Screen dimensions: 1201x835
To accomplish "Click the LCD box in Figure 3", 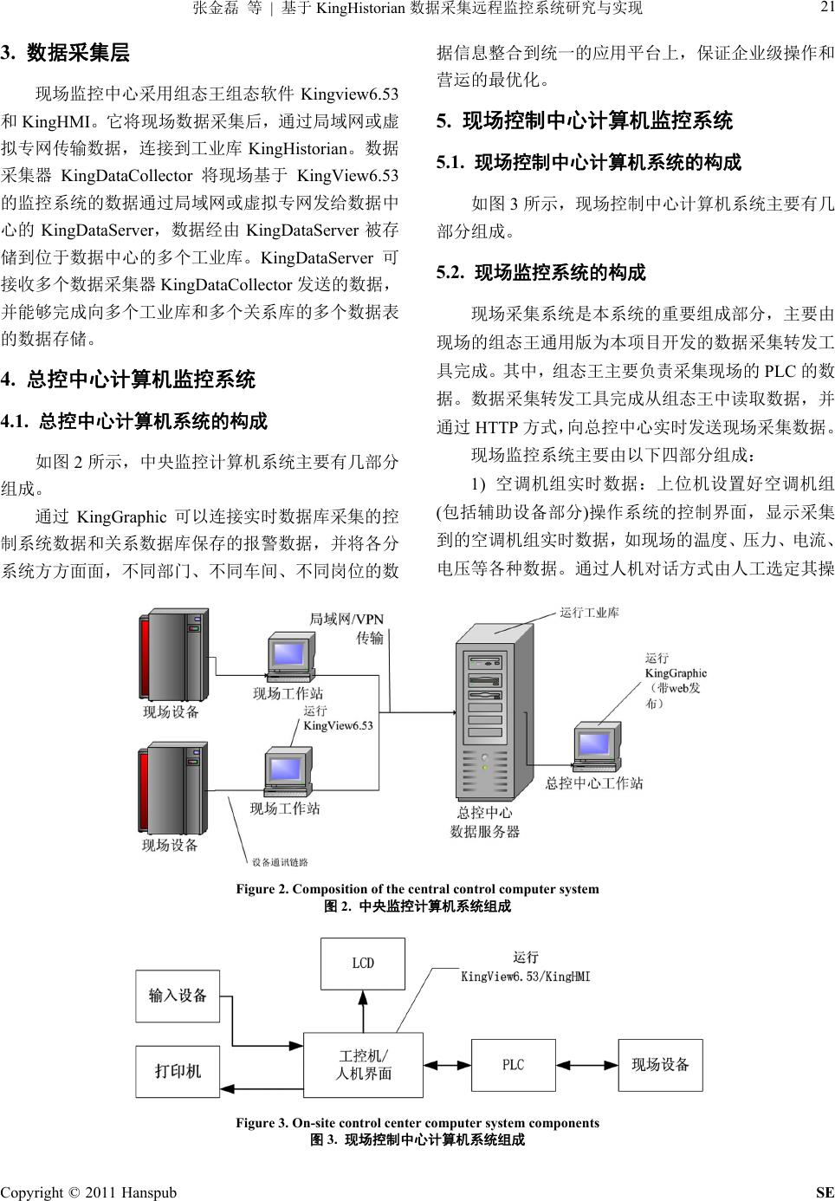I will (362, 964).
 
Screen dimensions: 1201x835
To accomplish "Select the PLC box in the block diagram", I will (514, 1065).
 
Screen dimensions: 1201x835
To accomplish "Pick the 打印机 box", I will (178, 1072).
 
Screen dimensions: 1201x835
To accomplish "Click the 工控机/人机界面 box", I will (363, 1065).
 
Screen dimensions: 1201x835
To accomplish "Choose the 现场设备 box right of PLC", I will (660, 1065).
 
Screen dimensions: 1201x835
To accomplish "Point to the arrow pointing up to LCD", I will (363, 1010).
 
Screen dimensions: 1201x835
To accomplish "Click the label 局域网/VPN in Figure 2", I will (346, 619).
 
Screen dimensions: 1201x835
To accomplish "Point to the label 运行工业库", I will (589, 613).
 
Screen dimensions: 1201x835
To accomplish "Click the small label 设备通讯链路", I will (279, 861).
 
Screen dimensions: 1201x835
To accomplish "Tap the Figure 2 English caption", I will (417, 889).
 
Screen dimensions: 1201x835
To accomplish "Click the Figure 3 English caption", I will (417, 1123).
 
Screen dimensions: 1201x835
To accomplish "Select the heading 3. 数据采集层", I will (66, 53).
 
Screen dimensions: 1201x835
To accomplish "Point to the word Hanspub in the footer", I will (149, 1192).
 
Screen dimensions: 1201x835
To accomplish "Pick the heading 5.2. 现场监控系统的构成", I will (541, 273).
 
